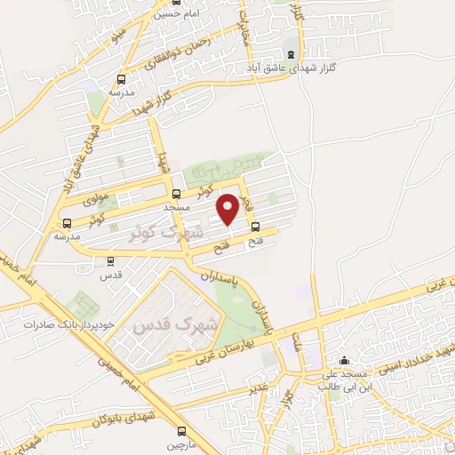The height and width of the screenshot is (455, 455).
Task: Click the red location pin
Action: tap(228, 209)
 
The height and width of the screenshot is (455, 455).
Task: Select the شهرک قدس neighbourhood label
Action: tap(162, 324)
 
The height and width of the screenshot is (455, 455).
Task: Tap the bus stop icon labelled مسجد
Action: tap(175, 194)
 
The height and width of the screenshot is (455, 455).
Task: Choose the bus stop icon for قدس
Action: tap(110, 261)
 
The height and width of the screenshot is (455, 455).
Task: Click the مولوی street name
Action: tap(94, 199)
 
